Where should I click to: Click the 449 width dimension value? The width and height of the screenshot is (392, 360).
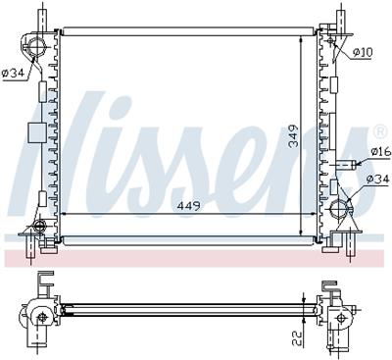188,206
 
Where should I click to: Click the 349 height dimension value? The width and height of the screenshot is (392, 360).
293,135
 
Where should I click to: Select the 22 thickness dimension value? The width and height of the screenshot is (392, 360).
296,340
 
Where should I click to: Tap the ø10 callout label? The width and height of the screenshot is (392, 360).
363,52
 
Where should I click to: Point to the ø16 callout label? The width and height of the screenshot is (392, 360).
381,151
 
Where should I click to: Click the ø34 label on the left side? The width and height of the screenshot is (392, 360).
13,74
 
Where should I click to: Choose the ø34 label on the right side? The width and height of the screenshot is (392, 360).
378,179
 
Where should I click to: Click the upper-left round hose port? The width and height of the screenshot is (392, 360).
34,46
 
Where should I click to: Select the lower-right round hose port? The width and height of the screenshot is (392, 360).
339,208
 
